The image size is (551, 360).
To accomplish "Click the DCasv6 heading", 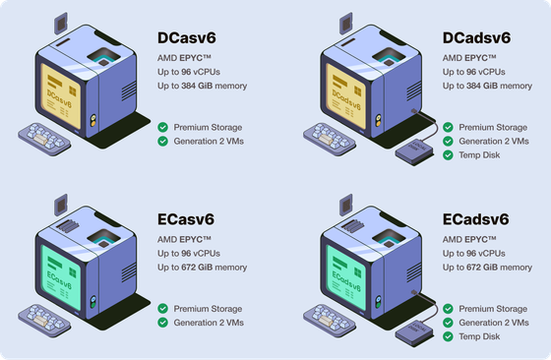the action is click(187, 38).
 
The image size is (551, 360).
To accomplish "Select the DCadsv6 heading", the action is click(476, 38).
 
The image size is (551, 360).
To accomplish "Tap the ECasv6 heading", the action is click(186, 219).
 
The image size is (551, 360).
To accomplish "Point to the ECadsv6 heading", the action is click(475, 219).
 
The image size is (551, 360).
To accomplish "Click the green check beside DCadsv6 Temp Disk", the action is click(448, 154).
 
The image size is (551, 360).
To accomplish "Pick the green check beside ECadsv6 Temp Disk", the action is click(448, 336).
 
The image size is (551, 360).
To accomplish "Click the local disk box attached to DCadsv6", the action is click(415, 151).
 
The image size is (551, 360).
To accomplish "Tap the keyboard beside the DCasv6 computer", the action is click(44, 139).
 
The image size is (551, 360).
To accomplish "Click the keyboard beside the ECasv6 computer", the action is click(44, 321).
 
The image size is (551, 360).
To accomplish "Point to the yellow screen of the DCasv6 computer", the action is click(60, 95).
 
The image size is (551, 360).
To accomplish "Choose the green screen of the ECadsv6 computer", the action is click(345, 277).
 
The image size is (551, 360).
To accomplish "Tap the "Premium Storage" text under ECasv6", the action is click(208, 309).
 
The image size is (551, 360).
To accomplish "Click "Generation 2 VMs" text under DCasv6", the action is click(209, 142).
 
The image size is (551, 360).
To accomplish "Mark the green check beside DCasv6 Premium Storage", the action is click(162, 127).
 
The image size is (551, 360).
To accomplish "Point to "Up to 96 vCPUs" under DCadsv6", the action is click(473, 72).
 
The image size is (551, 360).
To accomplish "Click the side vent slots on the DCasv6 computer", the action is click(129, 90).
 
